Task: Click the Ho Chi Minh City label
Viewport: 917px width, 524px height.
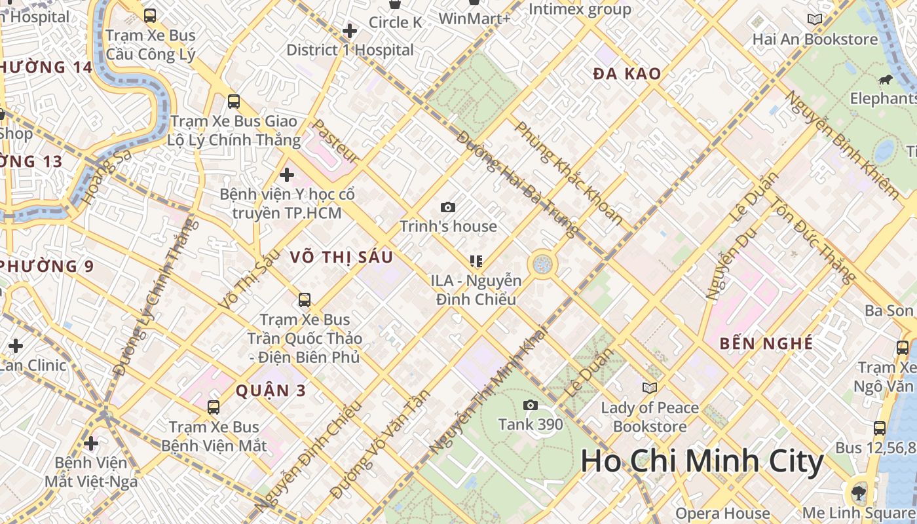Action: coord(702,461)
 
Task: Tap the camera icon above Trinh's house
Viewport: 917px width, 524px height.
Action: coord(448,208)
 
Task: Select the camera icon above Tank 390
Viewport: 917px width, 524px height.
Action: coord(531,405)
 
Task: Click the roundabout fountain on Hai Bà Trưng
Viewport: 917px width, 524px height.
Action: coord(542,265)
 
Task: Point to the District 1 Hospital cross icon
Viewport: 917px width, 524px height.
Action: coord(350,30)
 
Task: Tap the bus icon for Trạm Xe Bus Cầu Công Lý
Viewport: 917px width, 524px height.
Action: coord(150,15)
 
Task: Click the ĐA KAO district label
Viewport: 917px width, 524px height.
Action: coord(627,74)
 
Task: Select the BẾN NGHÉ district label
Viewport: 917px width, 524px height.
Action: coord(766,344)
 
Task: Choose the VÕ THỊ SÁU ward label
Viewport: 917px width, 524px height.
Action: coord(341,257)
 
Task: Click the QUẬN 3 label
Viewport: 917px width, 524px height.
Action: coord(271,391)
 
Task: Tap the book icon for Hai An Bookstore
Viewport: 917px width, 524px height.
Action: coord(814,20)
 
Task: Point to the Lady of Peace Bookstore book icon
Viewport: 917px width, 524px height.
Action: coord(649,388)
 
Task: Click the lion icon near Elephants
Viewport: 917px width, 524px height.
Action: coord(884,81)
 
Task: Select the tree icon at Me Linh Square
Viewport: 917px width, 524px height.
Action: coord(857,492)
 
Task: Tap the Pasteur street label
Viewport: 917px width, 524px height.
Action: coord(335,141)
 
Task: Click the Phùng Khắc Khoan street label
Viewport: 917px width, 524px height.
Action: coord(568,173)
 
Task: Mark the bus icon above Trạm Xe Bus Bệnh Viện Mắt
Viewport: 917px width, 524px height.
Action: coord(214,407)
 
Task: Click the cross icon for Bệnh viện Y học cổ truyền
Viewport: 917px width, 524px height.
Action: coord(287,175)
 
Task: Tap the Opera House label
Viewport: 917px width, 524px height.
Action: coord(722,513)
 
